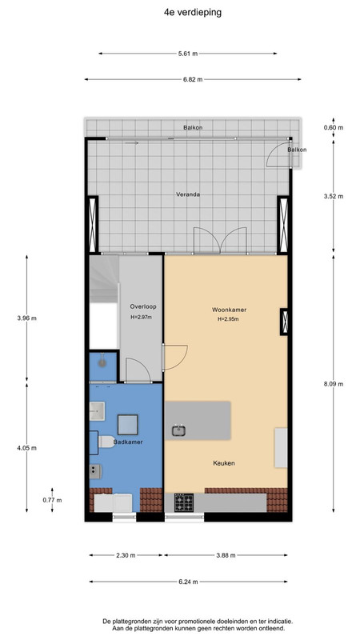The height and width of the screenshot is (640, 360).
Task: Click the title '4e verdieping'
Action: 193,13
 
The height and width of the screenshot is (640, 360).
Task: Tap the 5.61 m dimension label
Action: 188,54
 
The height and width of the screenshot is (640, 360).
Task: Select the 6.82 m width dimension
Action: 193,79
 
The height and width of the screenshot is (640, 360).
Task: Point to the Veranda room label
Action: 188,194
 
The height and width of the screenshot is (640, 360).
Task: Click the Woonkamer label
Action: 229,310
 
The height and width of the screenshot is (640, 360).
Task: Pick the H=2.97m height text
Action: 142,317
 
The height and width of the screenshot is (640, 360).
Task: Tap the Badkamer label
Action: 128,442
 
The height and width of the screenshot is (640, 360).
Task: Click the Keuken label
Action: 224,463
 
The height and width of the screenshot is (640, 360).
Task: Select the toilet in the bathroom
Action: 106,442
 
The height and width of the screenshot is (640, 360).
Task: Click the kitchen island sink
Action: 178,430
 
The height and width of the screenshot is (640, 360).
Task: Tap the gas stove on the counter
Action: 184,502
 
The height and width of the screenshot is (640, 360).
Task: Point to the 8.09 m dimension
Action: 334,384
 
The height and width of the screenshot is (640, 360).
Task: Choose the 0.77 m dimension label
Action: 52,500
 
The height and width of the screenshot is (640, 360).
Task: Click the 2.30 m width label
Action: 126,555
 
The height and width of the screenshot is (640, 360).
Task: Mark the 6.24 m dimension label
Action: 188,582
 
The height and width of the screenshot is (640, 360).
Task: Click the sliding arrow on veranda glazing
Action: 132,143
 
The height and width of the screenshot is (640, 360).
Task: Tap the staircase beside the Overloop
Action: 104,278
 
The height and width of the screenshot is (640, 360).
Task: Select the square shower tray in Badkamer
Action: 128,425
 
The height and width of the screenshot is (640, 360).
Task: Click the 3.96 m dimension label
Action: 27,318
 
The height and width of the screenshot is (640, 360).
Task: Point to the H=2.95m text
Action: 228,319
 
